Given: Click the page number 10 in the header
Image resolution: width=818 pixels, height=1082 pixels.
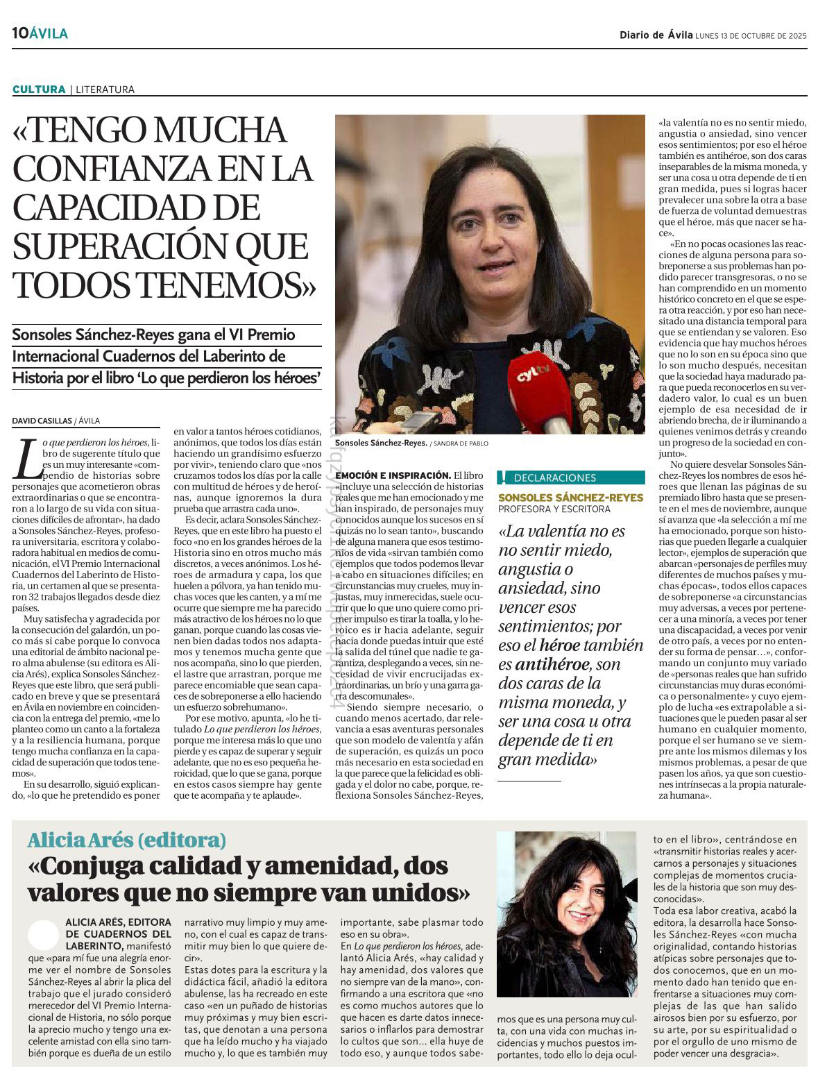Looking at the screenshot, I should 19,33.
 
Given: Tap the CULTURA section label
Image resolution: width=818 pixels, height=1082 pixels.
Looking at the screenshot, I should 38,90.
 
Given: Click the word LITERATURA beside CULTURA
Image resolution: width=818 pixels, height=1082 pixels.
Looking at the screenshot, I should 105,90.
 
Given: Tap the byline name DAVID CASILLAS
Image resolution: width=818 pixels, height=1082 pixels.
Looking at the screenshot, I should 42,421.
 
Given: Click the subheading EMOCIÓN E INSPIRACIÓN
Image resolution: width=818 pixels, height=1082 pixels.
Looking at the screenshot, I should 392,475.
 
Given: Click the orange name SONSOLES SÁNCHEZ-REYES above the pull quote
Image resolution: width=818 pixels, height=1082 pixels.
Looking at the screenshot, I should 570,498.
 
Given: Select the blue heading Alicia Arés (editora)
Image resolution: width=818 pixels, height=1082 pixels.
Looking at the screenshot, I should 127,840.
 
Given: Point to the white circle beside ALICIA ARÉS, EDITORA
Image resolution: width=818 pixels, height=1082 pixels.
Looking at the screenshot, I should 43,935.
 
